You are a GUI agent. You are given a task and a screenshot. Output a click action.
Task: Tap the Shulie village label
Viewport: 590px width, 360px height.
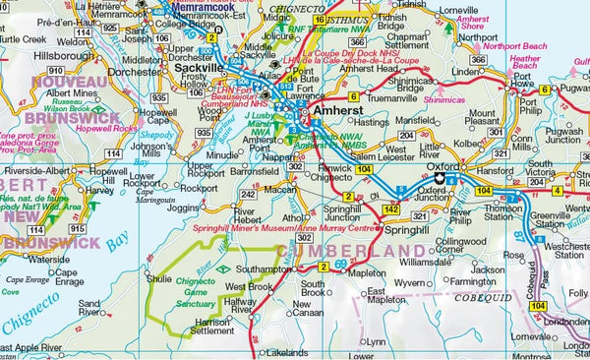(x=159, y=278)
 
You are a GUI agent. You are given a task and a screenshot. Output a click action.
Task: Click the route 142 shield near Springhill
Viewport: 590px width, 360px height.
(x=390, y=210)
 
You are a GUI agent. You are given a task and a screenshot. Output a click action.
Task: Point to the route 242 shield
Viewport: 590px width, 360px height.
(x=249, y=195)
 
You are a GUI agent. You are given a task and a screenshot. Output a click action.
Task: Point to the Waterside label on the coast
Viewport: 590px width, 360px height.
(x=49, y=260)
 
